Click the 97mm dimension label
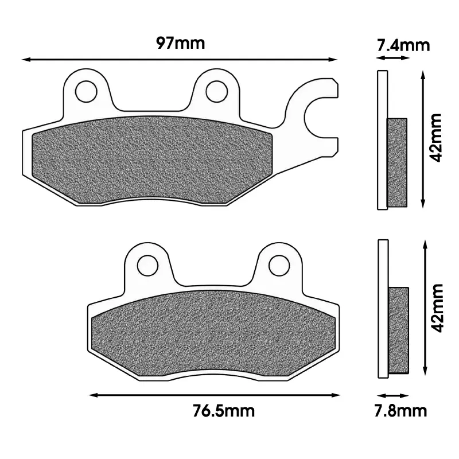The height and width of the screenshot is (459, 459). (x=180, y=44)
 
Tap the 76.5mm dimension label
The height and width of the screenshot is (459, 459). (x=224, y=411)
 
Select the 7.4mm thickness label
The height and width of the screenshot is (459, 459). (x=403, y=45)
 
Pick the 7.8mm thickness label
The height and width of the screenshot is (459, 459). (x=400, y=411)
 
